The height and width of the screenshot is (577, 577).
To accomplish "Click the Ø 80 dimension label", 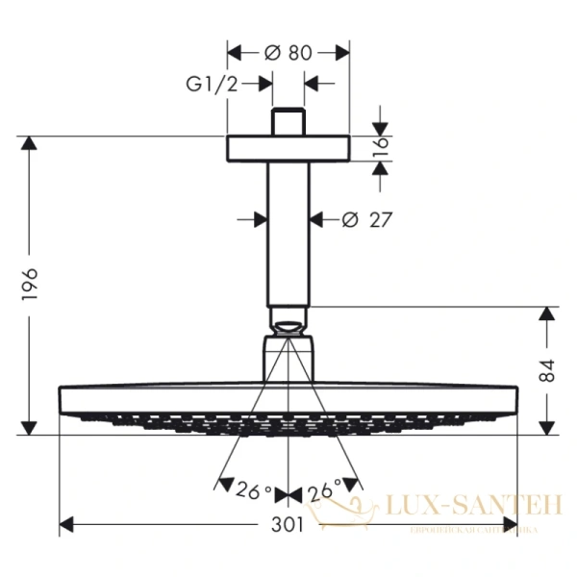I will (x=288, y=54).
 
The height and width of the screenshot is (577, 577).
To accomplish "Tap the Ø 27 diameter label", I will (x=367, y=220).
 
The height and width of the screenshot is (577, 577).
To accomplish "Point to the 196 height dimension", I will (x=29, y=286).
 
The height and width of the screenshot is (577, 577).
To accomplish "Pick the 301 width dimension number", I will (x=288, y=525).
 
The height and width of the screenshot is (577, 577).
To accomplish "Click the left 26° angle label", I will (x=254, y=492).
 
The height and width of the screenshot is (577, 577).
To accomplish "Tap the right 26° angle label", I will (x=324, y=492).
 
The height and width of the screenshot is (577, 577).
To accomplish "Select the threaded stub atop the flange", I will (x=288, y=123).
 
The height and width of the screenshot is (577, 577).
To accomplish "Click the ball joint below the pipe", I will (x=288, y=321).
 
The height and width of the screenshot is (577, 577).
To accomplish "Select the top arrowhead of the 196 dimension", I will (x=29, y=144).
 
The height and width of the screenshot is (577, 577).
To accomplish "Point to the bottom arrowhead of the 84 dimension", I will (x=547, y=428).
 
